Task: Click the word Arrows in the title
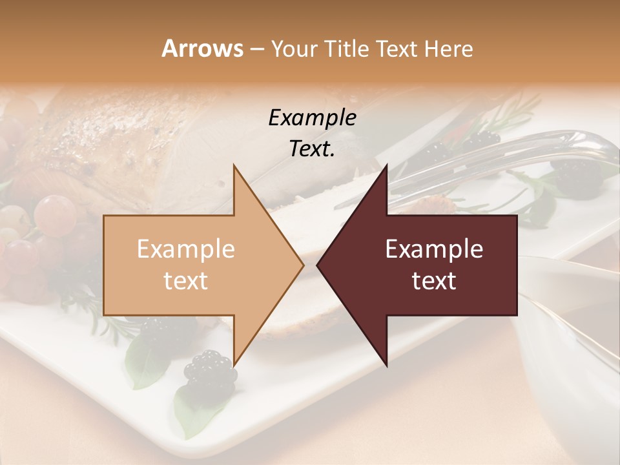pos(202,48)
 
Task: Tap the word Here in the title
pos(448,48)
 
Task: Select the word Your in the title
pos(293,48)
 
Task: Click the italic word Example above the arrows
pos(313,118)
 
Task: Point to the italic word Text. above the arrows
pos(313,149)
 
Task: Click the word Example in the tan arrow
pos(186,249)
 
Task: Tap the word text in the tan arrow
pos(186,281)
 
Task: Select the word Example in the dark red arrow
pos(434,249)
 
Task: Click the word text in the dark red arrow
pos(434,281)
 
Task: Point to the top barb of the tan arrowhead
pos(234,167)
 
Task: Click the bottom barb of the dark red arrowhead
pos(386,364)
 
